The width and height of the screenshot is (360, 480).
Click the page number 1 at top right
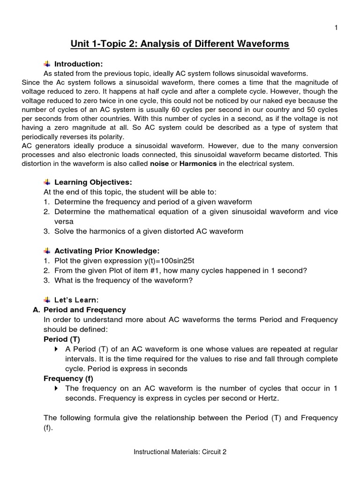click(x=336, y=28)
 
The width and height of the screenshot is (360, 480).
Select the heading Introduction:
click(x=78, y=64)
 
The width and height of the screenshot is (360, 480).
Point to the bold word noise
click(x=159, y=163)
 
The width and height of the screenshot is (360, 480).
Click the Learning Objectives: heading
click(x=93, y=182)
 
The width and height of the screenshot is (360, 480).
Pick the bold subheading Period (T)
click(x=62, y=339)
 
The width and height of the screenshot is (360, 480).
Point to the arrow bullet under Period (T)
click(x=57, y=350)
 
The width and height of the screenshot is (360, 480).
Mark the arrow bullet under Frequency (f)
click(x=57, y=389)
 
